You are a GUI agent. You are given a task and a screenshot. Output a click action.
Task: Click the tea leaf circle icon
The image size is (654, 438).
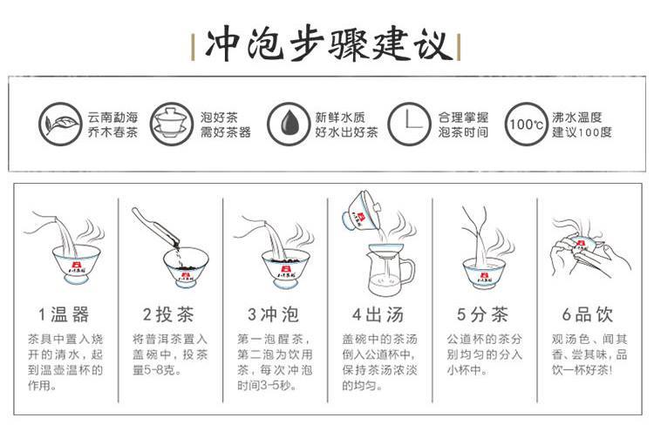pos(59,124)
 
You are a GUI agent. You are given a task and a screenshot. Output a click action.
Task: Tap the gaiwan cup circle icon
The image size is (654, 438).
pos(172,124)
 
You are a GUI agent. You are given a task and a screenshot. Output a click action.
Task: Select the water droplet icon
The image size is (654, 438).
pos(288,124)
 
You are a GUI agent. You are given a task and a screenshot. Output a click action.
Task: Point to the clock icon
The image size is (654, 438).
pos(408,124)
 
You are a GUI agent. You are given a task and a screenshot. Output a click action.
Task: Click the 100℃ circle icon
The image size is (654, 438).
pos(526,124)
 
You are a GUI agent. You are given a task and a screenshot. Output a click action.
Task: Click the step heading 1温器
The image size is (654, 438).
pos(64,314)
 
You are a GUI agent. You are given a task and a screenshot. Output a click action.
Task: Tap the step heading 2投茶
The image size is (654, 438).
pos(168,314)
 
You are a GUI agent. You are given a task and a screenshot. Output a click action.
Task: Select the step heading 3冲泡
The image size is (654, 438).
pos(273,314)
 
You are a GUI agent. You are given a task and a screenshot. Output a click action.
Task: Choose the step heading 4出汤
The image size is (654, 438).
pos(378,314)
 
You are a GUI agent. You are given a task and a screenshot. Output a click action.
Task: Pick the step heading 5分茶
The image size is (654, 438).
pos(482,314)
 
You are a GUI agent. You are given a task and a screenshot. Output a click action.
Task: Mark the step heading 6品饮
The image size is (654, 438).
pos(587,314)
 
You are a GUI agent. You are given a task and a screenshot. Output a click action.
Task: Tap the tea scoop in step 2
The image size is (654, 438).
pos(155,228)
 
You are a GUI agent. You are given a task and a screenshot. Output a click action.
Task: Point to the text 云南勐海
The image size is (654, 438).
pos(112,117)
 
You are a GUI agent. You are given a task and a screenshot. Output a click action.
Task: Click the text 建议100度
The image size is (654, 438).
pos(582,132)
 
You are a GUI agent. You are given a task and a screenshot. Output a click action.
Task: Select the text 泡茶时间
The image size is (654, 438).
pos(463,132)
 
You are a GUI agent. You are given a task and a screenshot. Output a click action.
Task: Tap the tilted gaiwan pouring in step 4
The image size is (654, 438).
pos(362,212)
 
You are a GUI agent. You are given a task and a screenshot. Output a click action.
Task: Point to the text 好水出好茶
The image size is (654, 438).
pos(346,132)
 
